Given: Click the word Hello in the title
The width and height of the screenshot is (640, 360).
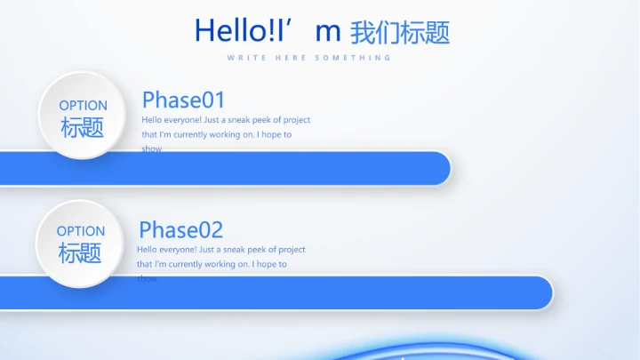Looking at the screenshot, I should click(223, 30).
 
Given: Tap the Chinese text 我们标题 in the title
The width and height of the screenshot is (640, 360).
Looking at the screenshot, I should click(400, 33).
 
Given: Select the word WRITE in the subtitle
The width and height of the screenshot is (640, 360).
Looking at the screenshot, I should click(243, 58).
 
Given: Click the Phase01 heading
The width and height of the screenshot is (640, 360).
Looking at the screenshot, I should click(184, 100).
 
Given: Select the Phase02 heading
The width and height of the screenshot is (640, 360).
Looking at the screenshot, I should click(180, 230).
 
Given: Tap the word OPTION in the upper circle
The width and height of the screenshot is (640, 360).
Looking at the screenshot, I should click(83, 106).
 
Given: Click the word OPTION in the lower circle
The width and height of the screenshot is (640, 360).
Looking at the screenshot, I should click(80, 231).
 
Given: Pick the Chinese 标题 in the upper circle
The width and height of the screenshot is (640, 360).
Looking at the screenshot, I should click(83, 128).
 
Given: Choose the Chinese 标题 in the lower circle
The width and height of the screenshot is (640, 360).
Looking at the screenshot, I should click(80, 253).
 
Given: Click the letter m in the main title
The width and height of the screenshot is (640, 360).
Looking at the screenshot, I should click(328, 31).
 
